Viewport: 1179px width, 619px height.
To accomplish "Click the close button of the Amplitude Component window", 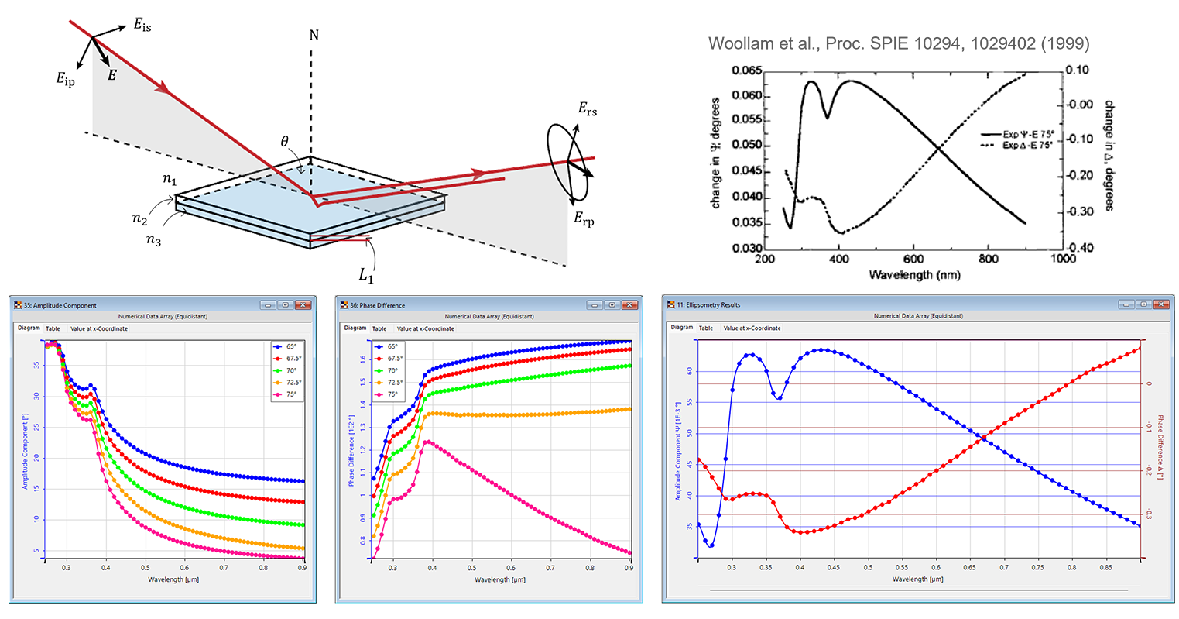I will tap(303, 305).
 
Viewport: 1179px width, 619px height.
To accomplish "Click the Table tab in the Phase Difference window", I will tap(379, 328).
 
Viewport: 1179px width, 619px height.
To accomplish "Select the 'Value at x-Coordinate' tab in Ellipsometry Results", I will tap(752, 328).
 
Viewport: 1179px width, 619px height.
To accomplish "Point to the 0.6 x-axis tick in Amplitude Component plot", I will tap(184, 568).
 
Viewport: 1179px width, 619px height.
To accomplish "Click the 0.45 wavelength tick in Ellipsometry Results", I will tap(834, 567).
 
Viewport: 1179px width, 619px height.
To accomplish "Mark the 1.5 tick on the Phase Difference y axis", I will tap(362, 382).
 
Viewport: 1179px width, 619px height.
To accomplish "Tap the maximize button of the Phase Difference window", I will tap(612, 305).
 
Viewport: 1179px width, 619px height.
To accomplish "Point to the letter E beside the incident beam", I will tap(111, 76).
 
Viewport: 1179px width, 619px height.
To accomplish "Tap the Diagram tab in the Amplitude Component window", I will tap(29, 328).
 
